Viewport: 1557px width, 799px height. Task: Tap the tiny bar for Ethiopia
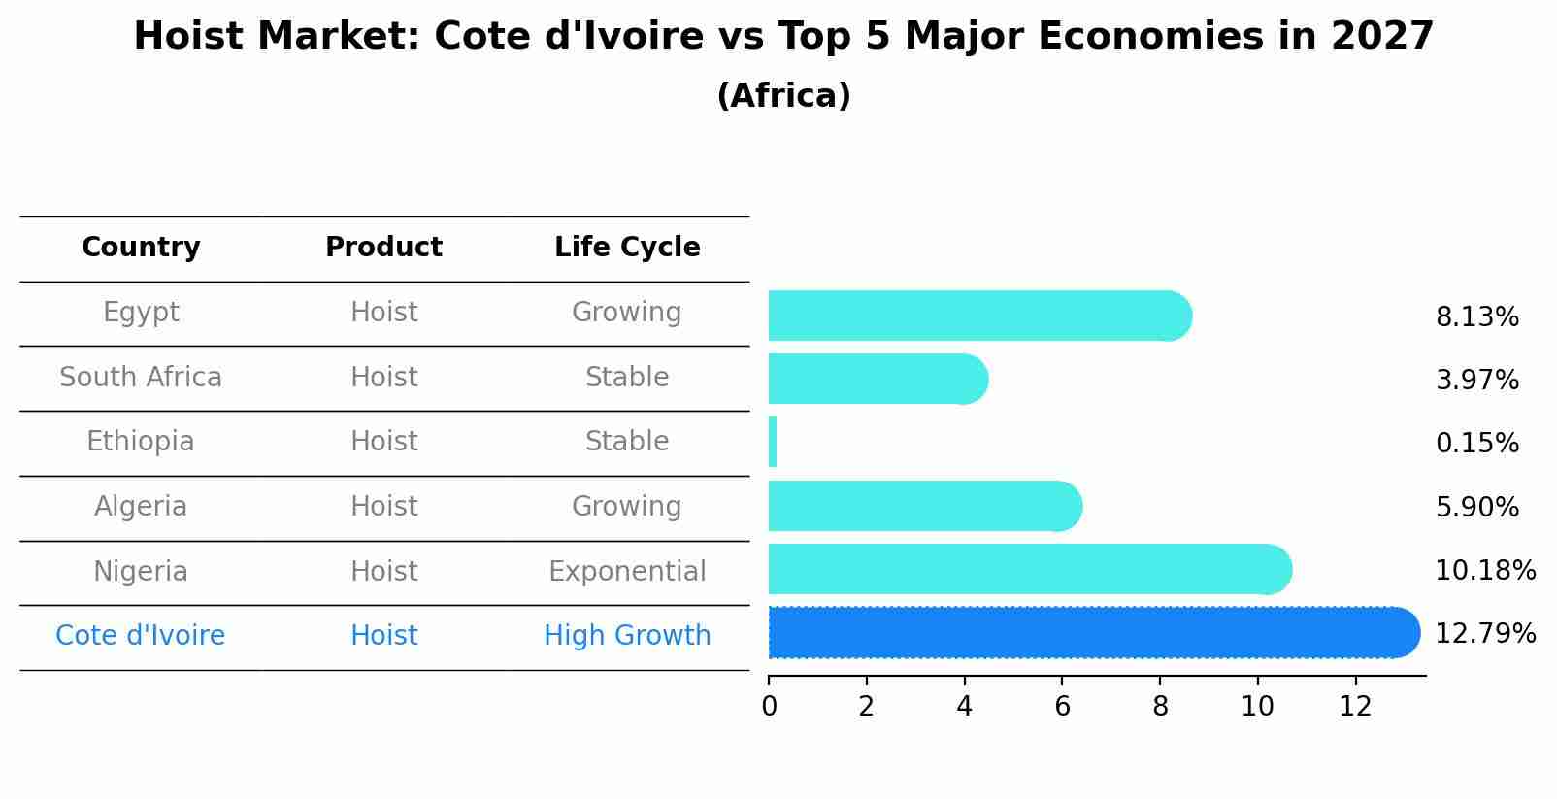(x=773, y=442)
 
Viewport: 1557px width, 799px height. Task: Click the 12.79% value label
(x=1484, y=634)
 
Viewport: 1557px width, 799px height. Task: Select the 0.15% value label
(x=1476, y=444)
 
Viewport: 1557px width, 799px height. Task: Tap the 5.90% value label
(x=1476, y=507)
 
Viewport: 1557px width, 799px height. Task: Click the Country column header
(x=141, y=248)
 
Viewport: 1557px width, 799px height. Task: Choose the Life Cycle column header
(x=627, y=248)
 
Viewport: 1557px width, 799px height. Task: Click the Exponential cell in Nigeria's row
(x=627, y=571)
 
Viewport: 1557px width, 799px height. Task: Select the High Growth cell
(x=627, y=636)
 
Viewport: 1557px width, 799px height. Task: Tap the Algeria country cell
(x=141, y=507)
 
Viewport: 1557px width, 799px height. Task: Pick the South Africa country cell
(x=141, y=378)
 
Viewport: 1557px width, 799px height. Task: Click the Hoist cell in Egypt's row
(x=383, y=313)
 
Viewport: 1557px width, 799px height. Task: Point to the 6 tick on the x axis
(x=1062, y=706)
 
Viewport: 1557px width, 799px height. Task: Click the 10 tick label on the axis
(x=1257, y=706)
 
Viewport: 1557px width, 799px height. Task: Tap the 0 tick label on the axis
(x=769, y=706)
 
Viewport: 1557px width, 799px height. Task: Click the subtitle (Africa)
(x=783, y=96)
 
